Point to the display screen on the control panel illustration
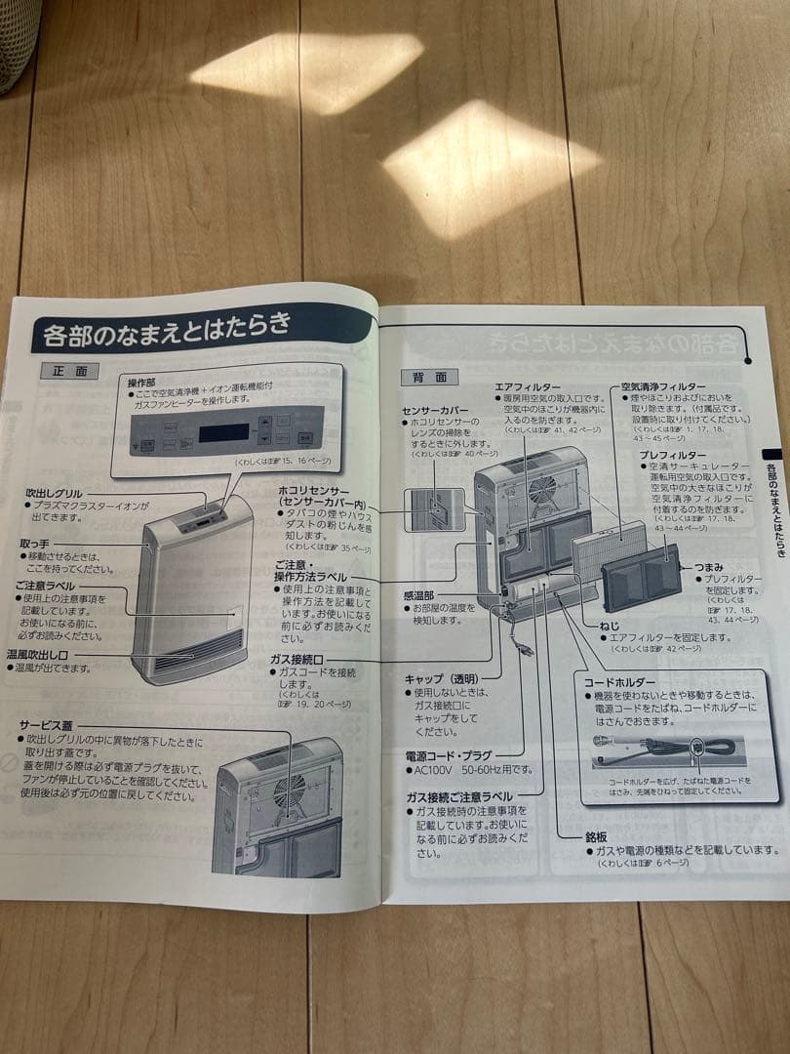(x=223, y=432)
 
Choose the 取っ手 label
(x=36, y=543)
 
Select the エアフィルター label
(x=527, y=386)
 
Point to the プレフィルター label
(x=672, y=455)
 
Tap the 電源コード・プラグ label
(x=449, y=755)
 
